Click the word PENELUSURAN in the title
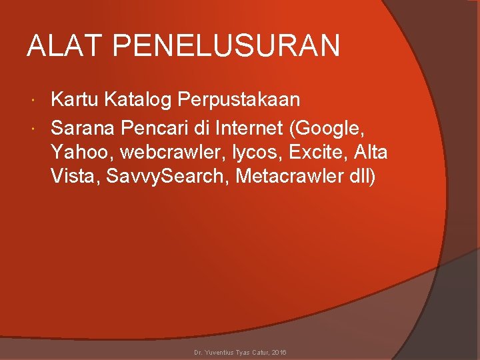coord(227,47)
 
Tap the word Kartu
coord(74,100)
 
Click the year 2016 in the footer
coord(278,351)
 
